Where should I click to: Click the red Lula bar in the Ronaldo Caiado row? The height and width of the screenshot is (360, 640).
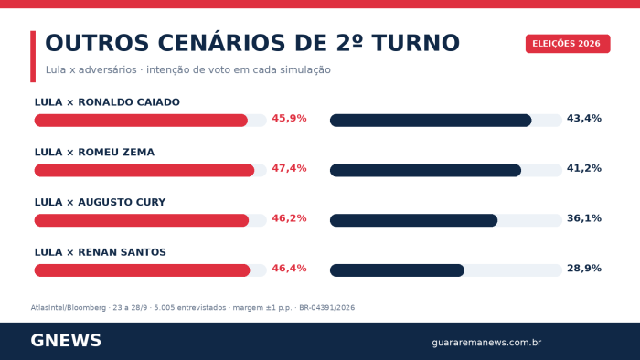(x=141, y=121)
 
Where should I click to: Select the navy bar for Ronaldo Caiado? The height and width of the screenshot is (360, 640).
(x=431, y=121)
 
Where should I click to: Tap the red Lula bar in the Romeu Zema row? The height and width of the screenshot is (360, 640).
(x=144, y=171)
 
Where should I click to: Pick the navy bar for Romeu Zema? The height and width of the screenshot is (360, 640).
(x=425, y=171)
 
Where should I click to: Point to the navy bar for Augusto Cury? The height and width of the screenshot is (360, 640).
(x=413, y=220)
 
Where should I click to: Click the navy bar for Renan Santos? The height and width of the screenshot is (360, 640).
(x=397, y=270)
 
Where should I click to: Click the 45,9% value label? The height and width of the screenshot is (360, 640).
(x=290, y=118)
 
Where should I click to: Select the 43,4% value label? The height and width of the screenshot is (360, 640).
(x=584, y=118)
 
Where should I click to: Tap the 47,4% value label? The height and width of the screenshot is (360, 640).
(x=290, y=168)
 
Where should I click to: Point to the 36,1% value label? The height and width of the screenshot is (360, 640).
(x=584, y=218)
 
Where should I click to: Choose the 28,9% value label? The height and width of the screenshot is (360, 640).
(x=584, y=269)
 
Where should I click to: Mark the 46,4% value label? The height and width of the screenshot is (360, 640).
(x=290, y=269)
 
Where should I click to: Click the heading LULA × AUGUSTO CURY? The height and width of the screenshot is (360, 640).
(x=100, y=202)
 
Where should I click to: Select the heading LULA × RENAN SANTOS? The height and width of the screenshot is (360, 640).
(x=101, y=252)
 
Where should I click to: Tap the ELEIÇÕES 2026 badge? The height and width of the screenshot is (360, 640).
(x=568, y=44)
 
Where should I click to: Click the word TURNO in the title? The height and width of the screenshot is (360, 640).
(x=416, y=43)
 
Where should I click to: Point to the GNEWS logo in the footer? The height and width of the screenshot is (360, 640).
(x=66, y=341)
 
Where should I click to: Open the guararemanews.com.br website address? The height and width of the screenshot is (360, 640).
(x=486, y=343)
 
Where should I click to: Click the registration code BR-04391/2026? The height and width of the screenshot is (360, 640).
(x=327, y=307)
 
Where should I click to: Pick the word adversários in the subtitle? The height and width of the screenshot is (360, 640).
(x=107, y=69)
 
